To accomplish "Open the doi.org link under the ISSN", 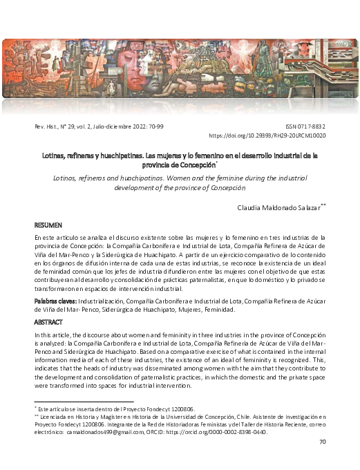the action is pos(267,136).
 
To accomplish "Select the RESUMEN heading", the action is pos(48,226).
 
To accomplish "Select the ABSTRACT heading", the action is pos(48,322).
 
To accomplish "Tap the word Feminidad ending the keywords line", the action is pos(225,310).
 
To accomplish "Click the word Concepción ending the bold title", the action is pos(195,165).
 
